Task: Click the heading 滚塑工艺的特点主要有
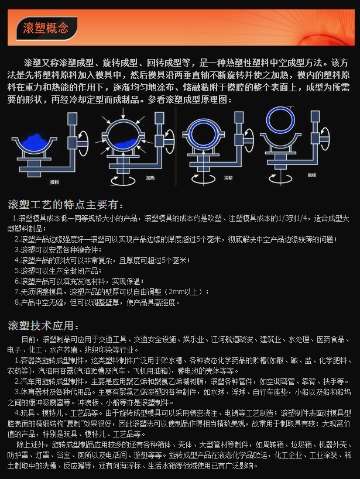coord(66,204)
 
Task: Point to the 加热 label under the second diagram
coord(150,176)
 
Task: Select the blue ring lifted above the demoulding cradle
coord(282,120)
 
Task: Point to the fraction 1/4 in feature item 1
coord(302,218)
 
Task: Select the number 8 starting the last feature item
coord(16,302)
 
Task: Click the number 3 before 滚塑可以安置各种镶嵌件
coord(16,249)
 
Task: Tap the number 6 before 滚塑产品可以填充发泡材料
coord(16,281)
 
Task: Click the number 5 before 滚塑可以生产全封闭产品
coord(16,270)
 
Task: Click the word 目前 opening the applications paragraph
coord(28,339)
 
